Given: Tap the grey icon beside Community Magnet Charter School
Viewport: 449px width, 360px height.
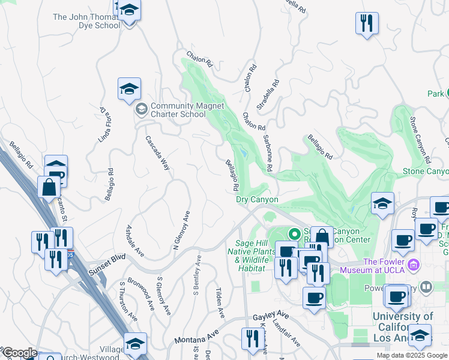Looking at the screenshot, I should point(141,109).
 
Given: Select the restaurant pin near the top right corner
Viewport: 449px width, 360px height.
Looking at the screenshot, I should point(367,24).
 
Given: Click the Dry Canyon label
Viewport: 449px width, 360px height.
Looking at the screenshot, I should point(257,199).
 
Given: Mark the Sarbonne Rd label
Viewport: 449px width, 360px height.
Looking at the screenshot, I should point(267,154).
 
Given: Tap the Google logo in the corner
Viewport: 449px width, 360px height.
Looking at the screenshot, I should point(19,353).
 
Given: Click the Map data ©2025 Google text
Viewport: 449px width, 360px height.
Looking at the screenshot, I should point(411,355).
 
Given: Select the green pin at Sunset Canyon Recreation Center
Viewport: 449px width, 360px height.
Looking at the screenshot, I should point(294,233).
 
